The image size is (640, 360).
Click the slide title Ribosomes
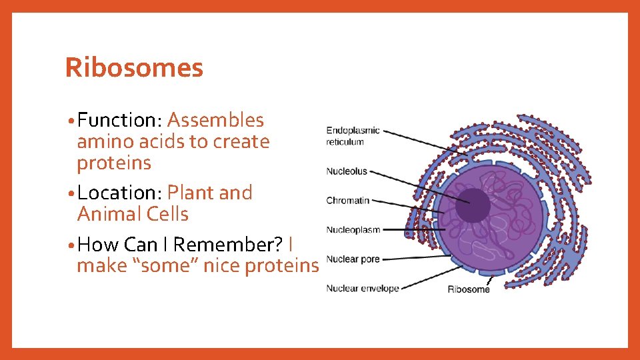pyautogui.click(x=134, y=68)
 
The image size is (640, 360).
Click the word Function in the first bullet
pyautogui.click(x=116, y=121)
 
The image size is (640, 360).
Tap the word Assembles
pyautogui.click(x=215, y=121)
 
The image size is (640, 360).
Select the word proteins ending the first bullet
pyautogui.click(x=114, y=163)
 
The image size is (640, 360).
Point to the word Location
pyautogui.click(x=116, y=193)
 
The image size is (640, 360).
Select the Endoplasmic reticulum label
pyautogui.click(x=353, y=135)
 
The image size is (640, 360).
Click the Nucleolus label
pyautogui.click(x=347, y=171)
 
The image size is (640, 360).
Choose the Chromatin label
pyautogui.click(x=347, y=201)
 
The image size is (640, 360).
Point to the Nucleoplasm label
pyautogui.click(x=353, y=230)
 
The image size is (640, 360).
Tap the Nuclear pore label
pyautogui.click(x=353, y=259)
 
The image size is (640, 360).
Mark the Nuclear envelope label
pyautogui.click(x=362, y=289)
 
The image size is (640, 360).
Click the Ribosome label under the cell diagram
pyautogui.click(x=468, y=289)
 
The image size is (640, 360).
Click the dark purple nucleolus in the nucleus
pyautogui.click(x=472, y=205)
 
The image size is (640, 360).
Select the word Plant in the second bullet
pyautogui.click(x=191, y=193)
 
